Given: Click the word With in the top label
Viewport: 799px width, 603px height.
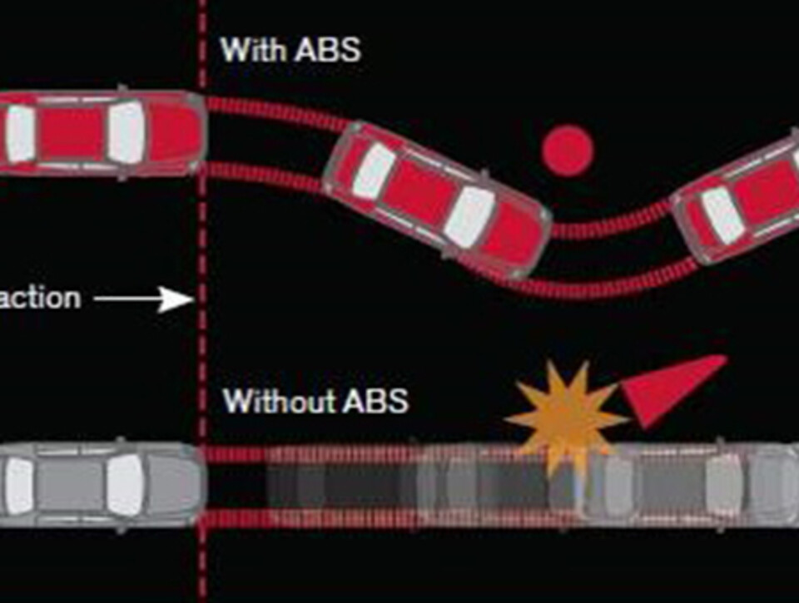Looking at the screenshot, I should pos(251,49).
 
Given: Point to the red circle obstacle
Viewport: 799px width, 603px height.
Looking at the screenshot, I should pos(568,151).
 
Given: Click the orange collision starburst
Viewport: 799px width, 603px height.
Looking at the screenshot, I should pos(567,415).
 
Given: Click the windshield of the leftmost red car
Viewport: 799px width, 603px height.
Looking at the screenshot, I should pos(126,133).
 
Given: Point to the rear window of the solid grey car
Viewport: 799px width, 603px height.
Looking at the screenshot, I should pos(18,485).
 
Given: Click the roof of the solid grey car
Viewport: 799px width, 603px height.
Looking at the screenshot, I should pos(71,485).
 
